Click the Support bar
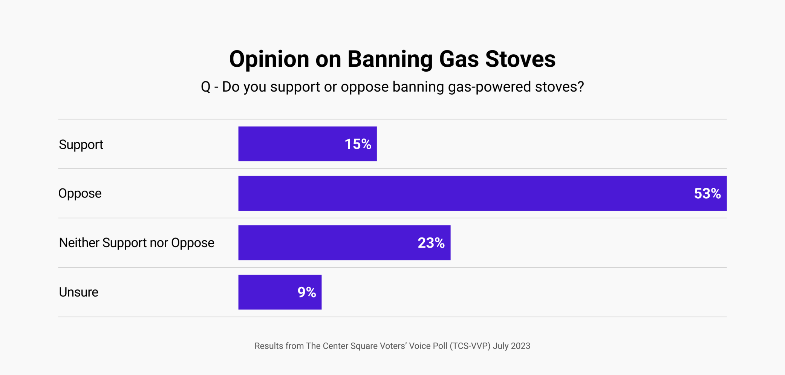click(x=290, y=144)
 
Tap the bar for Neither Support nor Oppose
click(x=324, y=243)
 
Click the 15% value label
click(x=358, y=144)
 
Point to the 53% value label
click(x=707, y=193)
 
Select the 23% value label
click(x=431, y=243)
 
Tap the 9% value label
click(x=306, y=292)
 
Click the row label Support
click(x=81, y=145)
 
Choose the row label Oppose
click(x=80, y=194)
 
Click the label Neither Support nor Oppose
click(x=136, y=243)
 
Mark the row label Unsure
click(x=78, y=292)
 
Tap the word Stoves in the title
click(x=520, y=60)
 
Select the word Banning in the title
click(x=390, y=60)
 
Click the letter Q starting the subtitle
click(x=205, y=87)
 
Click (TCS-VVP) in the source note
click(x=470, y=346)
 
